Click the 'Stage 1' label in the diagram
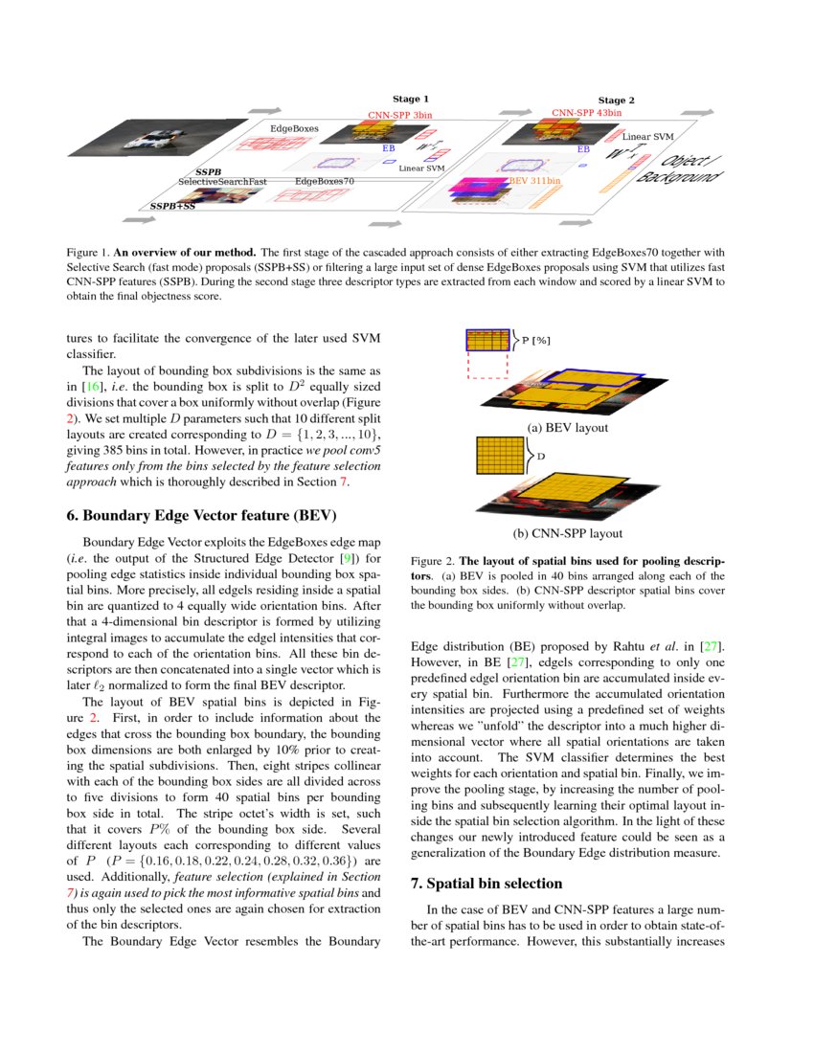411,99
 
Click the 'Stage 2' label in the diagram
617,101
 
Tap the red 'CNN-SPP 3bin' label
400,114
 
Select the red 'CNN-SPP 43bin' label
586,114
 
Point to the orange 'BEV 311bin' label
535,180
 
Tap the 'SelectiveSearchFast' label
222,181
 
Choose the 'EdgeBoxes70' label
325,181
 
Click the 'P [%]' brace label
535,340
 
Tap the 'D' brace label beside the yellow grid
541,457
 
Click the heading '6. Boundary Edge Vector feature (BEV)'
201,515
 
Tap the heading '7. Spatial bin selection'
486,883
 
